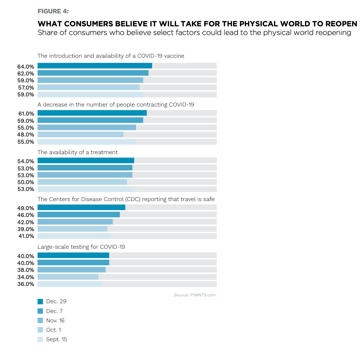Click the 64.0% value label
(26, 66)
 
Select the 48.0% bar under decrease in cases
(80, 135)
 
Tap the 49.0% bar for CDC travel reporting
(81, 208)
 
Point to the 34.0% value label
(26, 277)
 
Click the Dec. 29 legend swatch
(40, 302)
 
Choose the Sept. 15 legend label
(56, 339)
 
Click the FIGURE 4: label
(53, 11)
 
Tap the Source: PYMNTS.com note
(195, 295)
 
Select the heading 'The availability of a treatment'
(78, 152)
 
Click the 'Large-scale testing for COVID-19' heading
(81, 247)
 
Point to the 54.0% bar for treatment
(86, 161)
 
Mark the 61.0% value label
(26, 114)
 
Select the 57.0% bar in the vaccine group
(88, 87)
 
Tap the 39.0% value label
(26, 229)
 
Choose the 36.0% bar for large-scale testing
(70, 284)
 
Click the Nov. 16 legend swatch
(40, 321)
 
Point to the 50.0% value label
(26, 182)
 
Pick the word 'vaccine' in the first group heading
(174, 56)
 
